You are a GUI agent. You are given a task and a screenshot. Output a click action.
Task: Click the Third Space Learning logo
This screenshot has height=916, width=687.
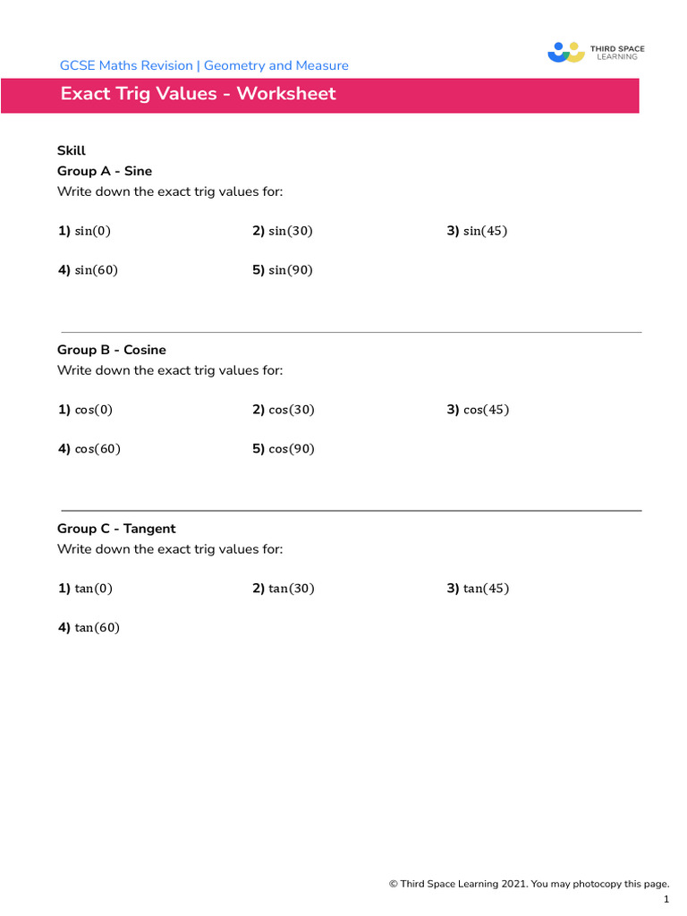(x=596, y=52)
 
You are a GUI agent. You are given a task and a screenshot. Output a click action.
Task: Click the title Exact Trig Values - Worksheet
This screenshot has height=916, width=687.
(x=198, y=94)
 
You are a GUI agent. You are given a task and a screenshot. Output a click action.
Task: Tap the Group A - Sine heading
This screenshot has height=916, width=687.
(x=105, y=171)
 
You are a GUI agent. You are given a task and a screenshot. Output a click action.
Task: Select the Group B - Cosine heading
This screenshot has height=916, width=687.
(x=112, y=350)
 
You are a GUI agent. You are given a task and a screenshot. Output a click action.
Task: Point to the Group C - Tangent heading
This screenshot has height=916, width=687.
(x=116, y=529)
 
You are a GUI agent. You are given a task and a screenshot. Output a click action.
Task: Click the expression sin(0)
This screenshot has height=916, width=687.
(x=92, y=231)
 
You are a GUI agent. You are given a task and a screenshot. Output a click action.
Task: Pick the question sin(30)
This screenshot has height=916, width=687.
(x=290, y=231)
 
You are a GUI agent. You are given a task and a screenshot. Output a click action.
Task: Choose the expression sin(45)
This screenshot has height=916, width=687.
(x=485, y=231)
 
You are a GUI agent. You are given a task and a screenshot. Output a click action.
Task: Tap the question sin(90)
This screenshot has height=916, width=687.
(x=290, y=270)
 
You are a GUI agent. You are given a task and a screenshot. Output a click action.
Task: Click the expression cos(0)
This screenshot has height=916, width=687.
(x=93, y=410)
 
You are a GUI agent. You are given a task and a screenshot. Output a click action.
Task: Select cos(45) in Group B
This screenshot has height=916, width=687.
(x=486, y=410)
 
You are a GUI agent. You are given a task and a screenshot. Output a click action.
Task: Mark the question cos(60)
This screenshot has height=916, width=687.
(x=97, y=449)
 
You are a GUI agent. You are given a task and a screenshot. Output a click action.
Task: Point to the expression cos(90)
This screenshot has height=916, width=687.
(x=291, y=449)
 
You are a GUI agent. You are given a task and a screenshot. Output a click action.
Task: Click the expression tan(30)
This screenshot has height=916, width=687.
(x=291, y=589)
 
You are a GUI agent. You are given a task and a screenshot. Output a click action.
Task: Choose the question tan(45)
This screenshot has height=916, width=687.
(x=486, y=589)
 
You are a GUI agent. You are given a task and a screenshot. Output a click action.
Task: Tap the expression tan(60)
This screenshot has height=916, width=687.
(x=97, y=628)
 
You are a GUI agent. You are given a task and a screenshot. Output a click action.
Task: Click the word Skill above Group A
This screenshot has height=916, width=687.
(x=72, y=151)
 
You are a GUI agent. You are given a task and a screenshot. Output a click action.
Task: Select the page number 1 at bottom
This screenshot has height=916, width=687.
(x=666, y=900)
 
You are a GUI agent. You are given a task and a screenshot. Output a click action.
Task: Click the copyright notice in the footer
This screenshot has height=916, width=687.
(x=529, y=884)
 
